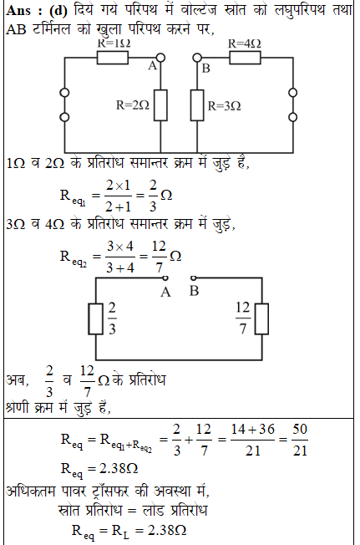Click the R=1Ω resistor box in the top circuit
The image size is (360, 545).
[113, 58]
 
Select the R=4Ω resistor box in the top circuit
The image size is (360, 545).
[245, 58]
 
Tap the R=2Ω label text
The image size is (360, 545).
[133, 105]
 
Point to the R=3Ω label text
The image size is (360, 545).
[224, 105]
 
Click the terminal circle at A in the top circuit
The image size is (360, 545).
[160, 58]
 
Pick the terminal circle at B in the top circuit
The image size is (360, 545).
[197, 58]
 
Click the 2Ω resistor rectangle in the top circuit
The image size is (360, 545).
[160, 105]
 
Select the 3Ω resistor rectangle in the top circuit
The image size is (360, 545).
[197, 105]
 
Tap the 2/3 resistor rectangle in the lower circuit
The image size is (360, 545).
[95, 319]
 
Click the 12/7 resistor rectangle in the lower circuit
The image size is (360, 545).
[261, 319]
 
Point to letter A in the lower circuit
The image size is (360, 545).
[165, 293]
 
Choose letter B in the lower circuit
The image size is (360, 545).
[194, 291]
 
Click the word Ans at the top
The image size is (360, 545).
[18, 11]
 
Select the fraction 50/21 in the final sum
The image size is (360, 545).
[300, 440]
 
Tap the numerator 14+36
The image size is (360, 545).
[253, 430]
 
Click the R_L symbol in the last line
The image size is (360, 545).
[120, 532]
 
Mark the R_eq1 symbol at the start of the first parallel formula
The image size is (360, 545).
[73, 197]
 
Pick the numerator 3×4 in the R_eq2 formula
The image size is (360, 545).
[119, 247]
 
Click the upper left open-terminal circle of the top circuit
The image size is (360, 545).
[64, 93]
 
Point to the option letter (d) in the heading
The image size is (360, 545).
[58, 11]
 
